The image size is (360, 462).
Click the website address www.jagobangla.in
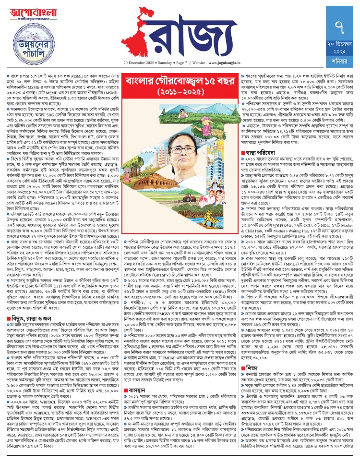pos(225,63)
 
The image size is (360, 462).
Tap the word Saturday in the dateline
pos(164,63)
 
